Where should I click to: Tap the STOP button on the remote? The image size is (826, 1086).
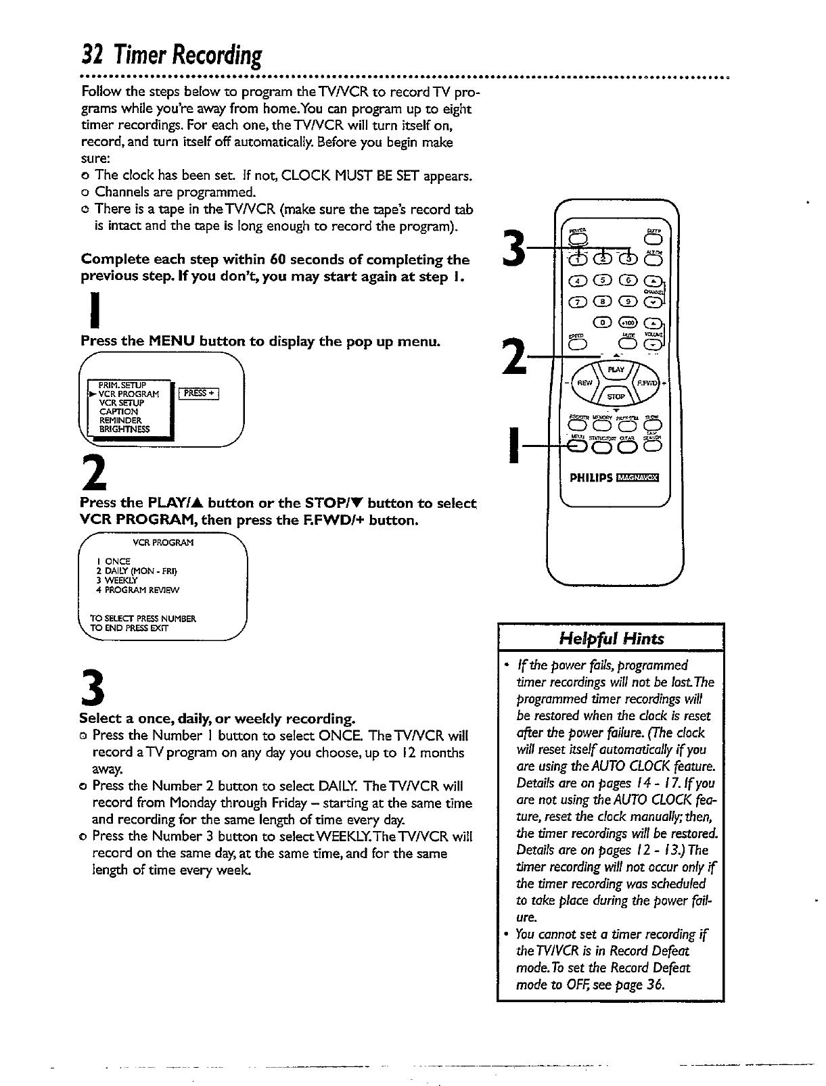tap(616, 396)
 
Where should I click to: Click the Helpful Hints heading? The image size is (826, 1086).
tap(610, 639)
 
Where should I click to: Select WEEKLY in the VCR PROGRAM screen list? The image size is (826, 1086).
tap(117, 580)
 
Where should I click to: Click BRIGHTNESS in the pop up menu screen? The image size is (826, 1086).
tap(125, 429)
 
